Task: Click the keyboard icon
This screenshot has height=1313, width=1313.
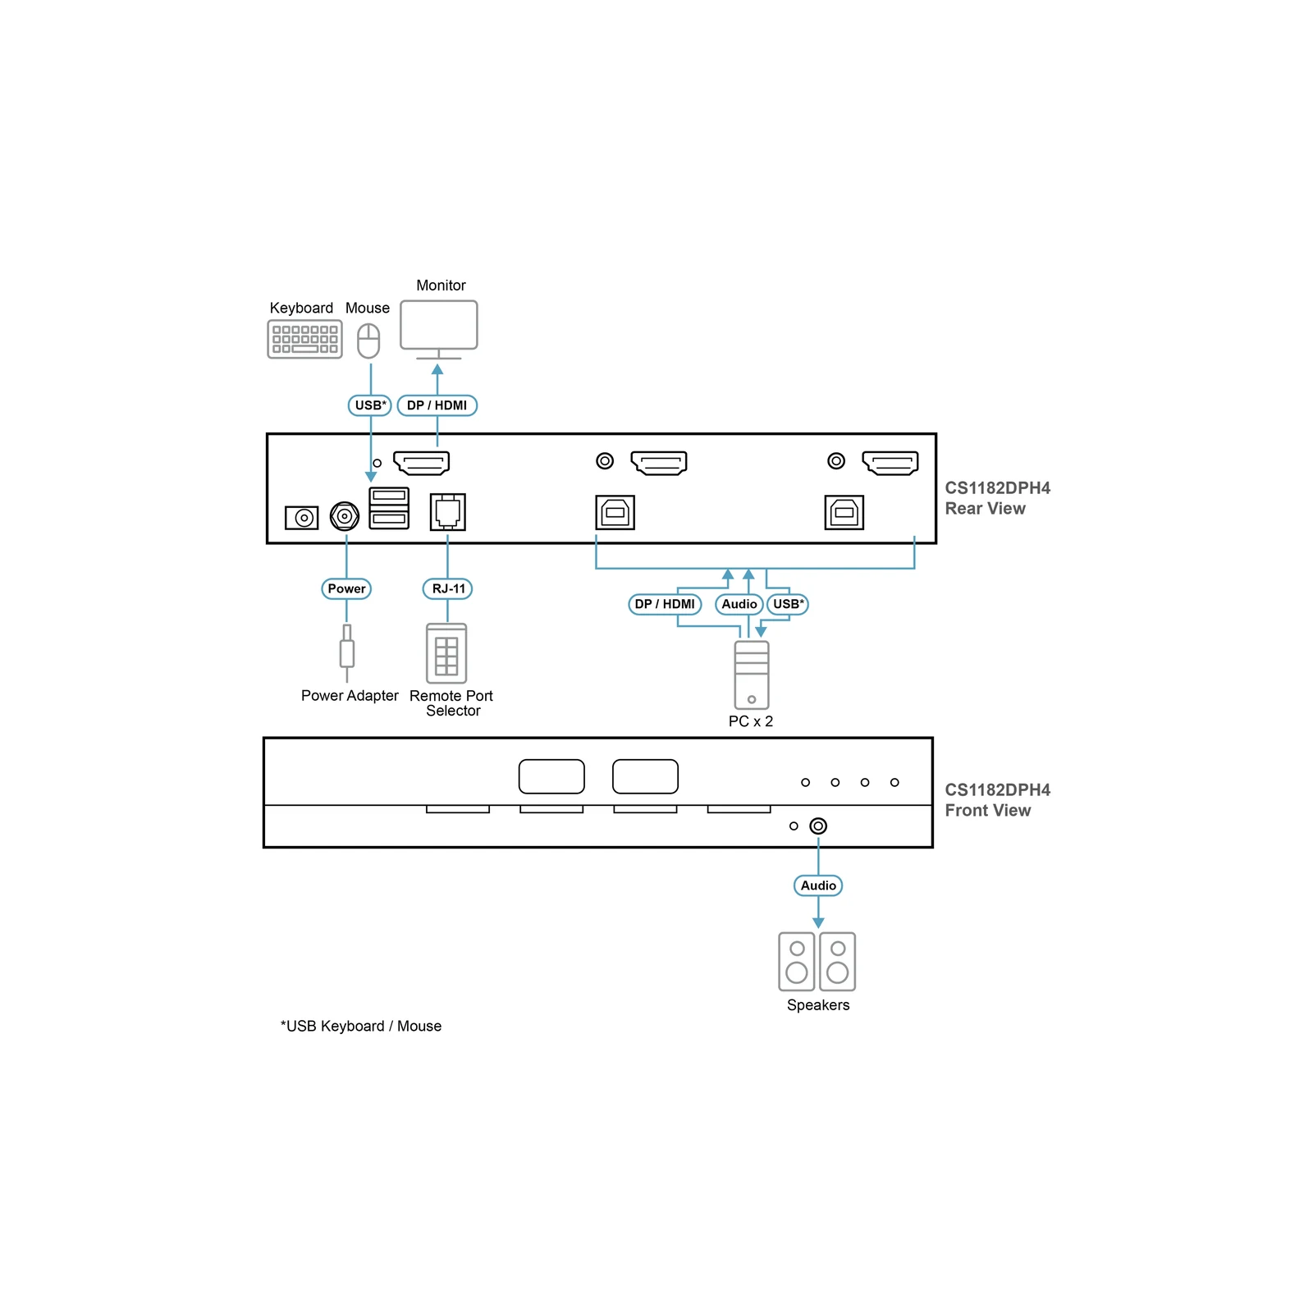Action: [x=304, y=339]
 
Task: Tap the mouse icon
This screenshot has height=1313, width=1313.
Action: [x=368, y=341]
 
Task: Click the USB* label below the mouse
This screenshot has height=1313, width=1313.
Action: [x=370, y=405]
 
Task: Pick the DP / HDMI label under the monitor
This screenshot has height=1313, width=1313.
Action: [x=437, y=405]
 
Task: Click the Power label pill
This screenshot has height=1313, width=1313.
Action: [x=346, y=588]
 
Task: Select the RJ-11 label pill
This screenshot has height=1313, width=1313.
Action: [x=448, y=588]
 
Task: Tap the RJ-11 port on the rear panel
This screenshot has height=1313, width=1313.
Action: [x=447, y=512]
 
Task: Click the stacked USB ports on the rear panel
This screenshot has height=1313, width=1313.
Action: [x=389, y=508]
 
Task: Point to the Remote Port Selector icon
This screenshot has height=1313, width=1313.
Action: [x=446, y=653]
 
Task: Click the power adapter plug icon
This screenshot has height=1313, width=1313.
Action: [x=347, y=652]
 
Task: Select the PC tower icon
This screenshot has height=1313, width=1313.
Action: [x=752, y=675]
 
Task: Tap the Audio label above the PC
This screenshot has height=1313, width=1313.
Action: [x=739, y=604]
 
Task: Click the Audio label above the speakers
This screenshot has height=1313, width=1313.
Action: [x=818, y=885]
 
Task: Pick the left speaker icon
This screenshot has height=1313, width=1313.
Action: [x=797, y=961]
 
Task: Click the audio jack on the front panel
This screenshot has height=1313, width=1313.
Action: [x=818, y=826]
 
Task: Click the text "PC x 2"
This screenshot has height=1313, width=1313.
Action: [x=751, y=721]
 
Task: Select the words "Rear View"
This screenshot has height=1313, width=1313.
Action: [x=985, y=509]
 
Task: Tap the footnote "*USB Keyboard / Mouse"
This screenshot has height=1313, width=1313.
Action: [x=361, y=1026]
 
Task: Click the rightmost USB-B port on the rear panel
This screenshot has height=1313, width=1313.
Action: [x=844, y=513]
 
